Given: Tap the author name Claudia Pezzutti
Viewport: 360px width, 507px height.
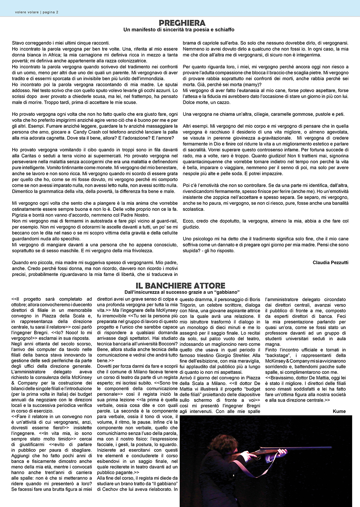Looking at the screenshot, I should click(x=330, y=262).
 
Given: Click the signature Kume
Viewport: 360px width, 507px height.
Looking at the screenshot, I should click(x=339, y=411).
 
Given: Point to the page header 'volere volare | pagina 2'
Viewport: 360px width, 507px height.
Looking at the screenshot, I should click(x=37, y=12).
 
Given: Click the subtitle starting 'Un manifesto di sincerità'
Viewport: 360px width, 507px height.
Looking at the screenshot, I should click(x=179, y=30).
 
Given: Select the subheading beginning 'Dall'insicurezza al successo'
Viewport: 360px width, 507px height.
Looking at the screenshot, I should click(x=182, y=292).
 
